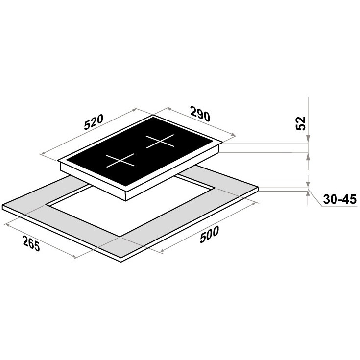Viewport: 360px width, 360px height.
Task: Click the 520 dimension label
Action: point(94,122)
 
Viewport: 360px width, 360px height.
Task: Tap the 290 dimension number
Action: point(200,113)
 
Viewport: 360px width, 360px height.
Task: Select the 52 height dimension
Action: point(301,123)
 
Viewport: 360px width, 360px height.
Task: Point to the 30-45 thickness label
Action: point(339,199)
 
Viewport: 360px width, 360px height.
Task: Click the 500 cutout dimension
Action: point(209,235)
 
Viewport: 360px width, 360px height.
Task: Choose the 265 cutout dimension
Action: point(31,243)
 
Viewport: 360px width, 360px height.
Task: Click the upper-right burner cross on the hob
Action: point(160,141)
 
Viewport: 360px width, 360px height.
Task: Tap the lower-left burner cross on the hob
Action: point(120,160)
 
